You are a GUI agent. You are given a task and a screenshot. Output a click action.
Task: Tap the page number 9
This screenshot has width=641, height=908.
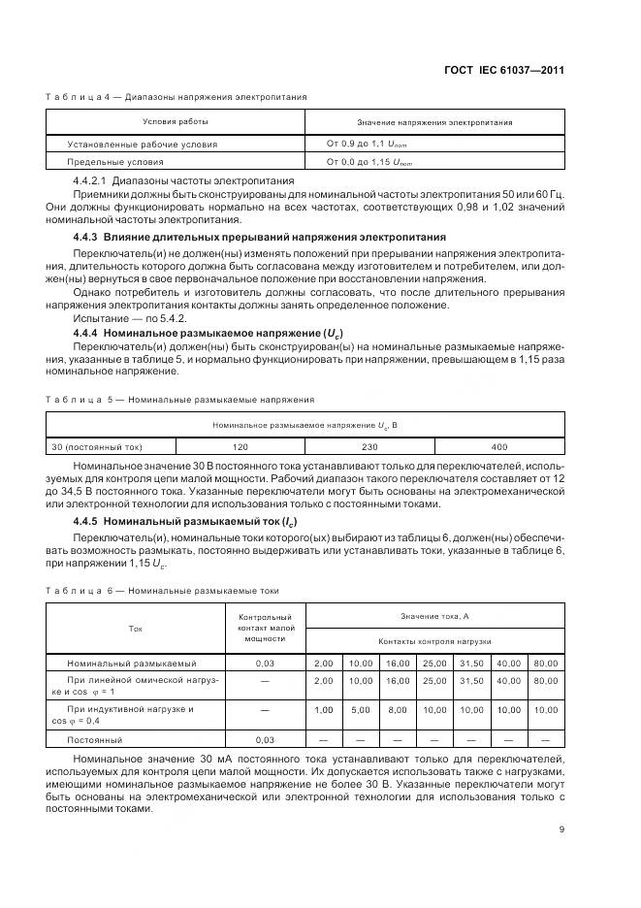click(x=561, y=828)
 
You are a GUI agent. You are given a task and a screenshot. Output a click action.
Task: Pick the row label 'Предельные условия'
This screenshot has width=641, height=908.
click(x=115, y=162)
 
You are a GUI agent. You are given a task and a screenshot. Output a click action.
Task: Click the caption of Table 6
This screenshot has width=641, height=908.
click(x=163, y=590)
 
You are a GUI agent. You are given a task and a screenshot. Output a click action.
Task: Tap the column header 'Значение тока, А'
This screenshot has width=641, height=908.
click(x=434, y=616)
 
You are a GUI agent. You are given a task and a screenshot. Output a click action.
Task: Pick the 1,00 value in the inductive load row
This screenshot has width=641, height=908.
click(x=323, y=709)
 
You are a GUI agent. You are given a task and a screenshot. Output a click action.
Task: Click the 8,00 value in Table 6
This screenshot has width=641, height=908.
click(x=398, y=709)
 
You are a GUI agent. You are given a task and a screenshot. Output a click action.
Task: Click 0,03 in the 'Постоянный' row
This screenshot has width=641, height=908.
click(x=265, y=739)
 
